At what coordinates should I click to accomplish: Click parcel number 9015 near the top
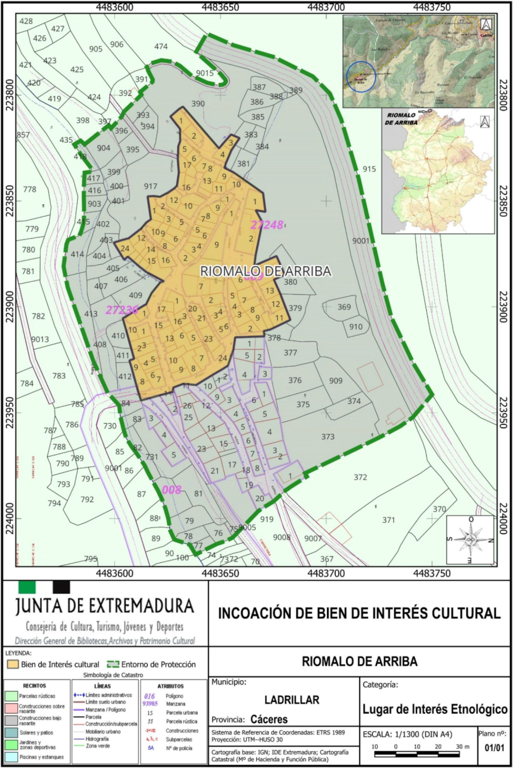205,73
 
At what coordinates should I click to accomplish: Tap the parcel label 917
151,186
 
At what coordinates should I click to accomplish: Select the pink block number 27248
266,225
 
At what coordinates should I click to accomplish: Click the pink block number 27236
122,310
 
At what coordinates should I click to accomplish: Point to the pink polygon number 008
171,490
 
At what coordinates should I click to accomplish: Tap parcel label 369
344,307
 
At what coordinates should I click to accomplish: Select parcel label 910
356,327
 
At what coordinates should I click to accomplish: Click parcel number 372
360,477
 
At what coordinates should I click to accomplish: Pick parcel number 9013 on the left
40,339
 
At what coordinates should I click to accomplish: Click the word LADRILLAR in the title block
292,700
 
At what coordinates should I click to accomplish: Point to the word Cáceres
269,719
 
